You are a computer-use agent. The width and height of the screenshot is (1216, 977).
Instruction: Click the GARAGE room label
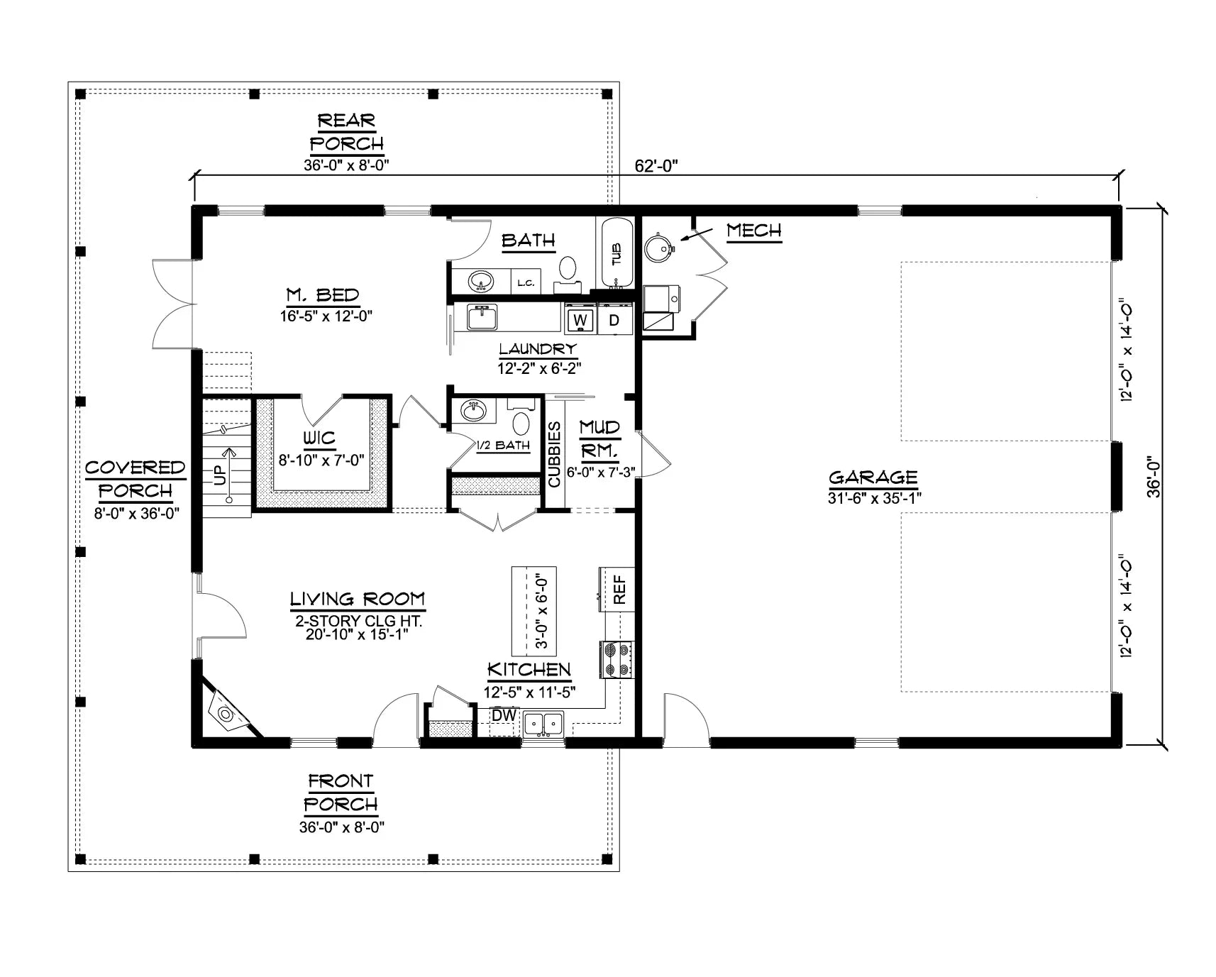[873, 478]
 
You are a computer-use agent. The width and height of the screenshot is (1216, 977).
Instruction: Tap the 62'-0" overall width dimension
[657, 166]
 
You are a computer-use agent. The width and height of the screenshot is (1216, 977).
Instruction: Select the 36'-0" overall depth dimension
[1154, 476]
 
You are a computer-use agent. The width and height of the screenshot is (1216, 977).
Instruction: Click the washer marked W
[580, 320]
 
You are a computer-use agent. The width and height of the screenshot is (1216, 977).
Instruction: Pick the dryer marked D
[614, 320]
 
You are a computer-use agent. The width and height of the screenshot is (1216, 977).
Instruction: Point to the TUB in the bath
[617, 253]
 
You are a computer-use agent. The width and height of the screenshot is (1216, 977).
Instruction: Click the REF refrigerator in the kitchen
[619, 589]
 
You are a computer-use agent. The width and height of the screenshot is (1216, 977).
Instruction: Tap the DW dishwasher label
[504, 715]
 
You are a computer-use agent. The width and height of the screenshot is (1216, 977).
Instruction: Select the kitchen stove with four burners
[616, 659]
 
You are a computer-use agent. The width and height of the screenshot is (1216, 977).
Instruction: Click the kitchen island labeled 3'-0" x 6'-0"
[534, 611]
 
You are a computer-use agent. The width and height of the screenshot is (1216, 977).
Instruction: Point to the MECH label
[753, 231]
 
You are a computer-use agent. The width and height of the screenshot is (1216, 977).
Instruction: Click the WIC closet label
[319, 438]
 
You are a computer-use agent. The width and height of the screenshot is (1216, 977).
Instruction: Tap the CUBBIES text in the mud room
[554, 454]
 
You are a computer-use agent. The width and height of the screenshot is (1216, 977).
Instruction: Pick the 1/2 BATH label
[503, 446]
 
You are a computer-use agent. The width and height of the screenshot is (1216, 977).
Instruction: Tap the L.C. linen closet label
[525, 283]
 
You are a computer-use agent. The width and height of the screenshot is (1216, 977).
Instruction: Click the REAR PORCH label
[346, 132]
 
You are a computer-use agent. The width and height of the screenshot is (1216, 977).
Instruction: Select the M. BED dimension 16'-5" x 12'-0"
[326, 316]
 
